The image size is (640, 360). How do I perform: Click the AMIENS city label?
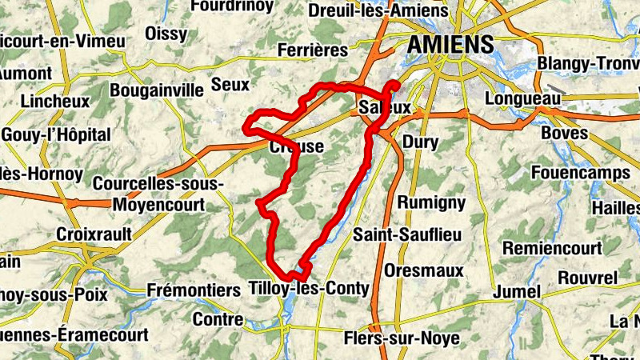(450, 45)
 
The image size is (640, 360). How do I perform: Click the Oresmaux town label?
(423, 270)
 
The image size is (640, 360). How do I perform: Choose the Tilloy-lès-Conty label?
(309, 288)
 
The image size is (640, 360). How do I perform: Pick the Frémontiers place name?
(194, 289)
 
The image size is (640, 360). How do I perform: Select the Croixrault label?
(92, 234)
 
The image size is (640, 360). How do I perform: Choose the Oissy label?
(167, 34)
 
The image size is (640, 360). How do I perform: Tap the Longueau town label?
(524, 98)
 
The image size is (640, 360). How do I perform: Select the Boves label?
(564, 132)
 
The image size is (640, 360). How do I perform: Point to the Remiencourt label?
(553, 248)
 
